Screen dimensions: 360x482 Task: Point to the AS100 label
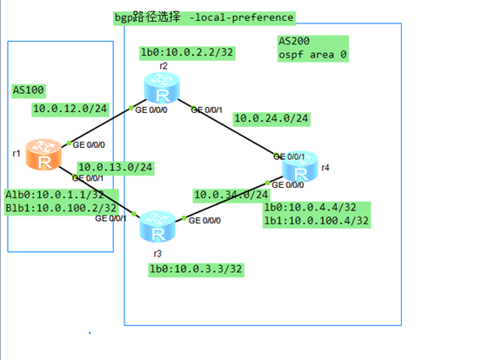coord(29,90)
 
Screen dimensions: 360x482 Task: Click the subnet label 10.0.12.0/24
coord(69,109)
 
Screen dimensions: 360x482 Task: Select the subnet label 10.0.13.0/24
coord(115,167)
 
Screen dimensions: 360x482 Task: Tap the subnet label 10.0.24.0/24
coord(271,117)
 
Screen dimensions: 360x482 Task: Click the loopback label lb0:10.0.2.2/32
coord(187,53)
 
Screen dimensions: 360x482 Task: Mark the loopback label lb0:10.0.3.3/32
coord(195,270)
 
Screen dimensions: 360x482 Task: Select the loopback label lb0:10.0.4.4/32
coord(311,209)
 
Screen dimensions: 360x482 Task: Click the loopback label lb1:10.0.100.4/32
coord(317,221)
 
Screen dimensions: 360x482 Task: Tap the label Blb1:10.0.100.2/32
coord(60,208)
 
